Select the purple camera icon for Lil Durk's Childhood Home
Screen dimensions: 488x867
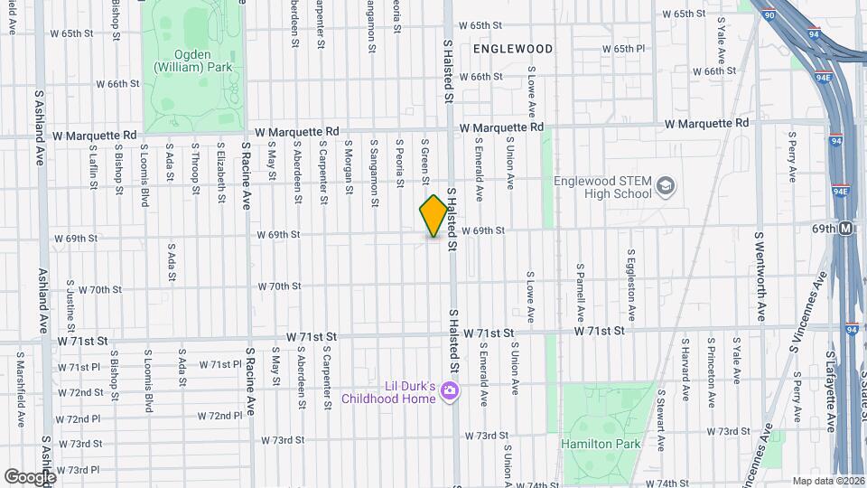tap(451, 390)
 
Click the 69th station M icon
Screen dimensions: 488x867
tap(846, 229)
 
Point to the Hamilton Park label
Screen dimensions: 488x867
tap(601, 444)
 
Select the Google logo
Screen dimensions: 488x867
tap(29, 476)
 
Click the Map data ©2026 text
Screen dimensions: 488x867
tap(828, 481)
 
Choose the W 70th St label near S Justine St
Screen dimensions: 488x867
tap(99, 290)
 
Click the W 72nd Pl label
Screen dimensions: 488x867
tap(78, 419)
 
